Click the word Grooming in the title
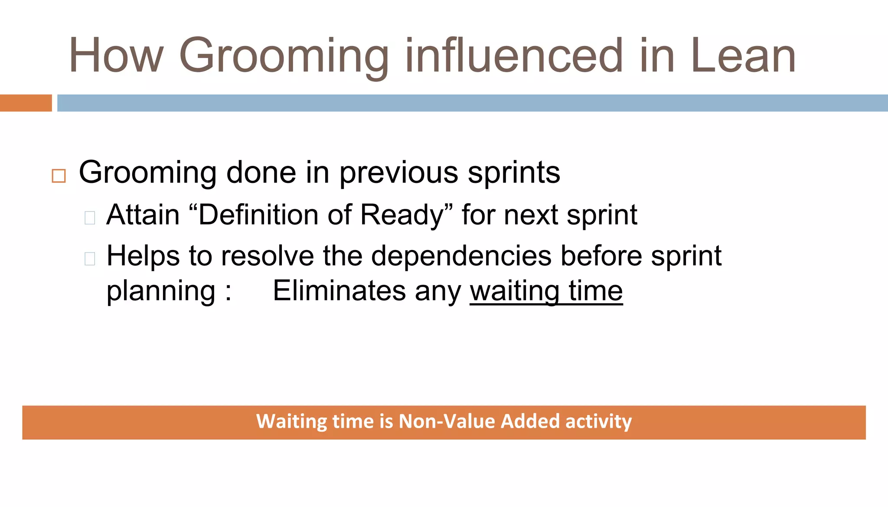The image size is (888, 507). (x=284, y=56)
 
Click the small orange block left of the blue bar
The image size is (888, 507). (x=26, y=103)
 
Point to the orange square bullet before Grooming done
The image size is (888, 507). (x=59, y=176)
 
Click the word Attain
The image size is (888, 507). (x=143, y=215)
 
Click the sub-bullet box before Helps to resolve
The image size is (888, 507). (x=90, y=259)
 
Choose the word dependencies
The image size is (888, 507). (x=461, y=256)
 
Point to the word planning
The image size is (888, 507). (x=161, y=292)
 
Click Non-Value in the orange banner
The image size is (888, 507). (x=447, y=422)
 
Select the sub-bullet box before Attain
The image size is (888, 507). (x=90, y=218)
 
